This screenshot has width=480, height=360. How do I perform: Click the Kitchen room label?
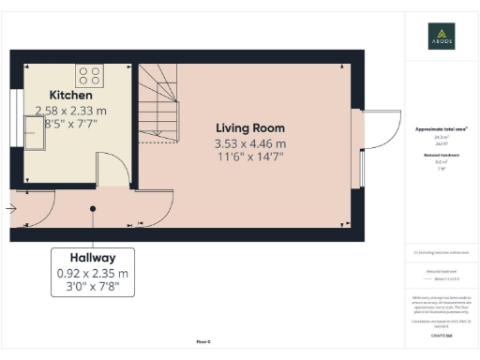click(x=70, y=96)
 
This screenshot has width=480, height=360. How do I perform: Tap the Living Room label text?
click(x=250, y=128)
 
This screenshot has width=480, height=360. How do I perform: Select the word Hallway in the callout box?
click(x=92, y=258)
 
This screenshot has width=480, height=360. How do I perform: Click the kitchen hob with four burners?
click(x=89, y=74)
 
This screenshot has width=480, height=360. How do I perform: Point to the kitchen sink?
click(x=39, y=138)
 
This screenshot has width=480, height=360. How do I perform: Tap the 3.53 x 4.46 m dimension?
click(x=250, y=143)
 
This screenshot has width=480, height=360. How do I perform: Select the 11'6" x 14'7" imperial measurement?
click(x=250, y=157)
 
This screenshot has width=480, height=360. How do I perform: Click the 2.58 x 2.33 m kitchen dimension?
click(x=78, y=110)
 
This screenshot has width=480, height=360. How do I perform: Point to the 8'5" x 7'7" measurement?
click(x=78, y=123)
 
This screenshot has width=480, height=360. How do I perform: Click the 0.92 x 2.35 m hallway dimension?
click(x=92, y=274)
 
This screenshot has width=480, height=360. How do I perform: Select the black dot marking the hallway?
click(x=92, y=208)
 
